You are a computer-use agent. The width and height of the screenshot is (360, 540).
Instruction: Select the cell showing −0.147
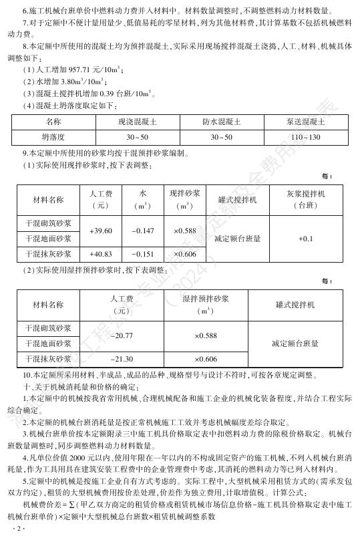click(x=142, y=231)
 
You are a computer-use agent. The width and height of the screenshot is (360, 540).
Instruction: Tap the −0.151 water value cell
click(x=142, y=254)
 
